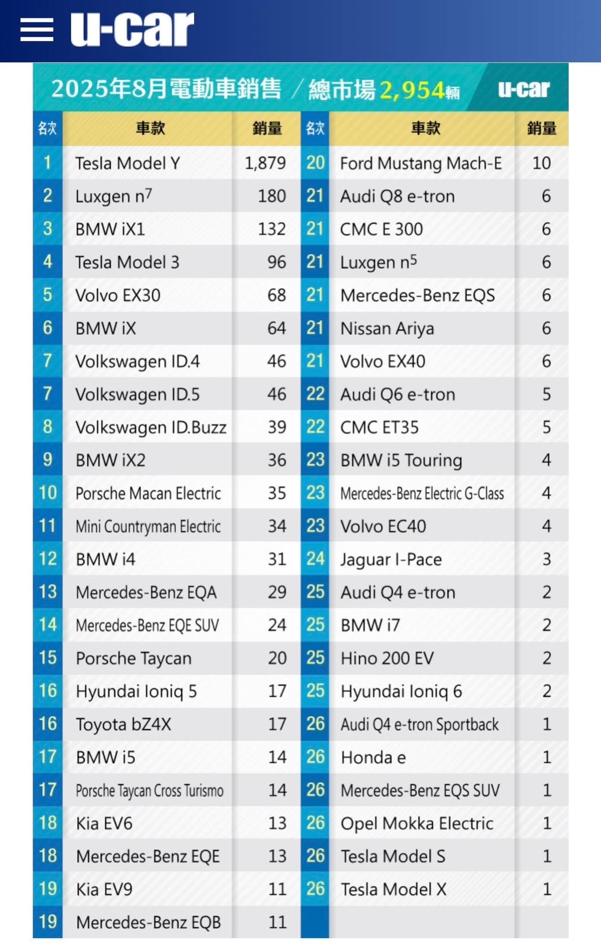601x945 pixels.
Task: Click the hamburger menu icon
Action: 37,30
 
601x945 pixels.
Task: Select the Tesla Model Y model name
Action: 127,163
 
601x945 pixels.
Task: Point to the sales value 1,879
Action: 265,163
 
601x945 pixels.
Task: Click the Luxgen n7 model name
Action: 114,197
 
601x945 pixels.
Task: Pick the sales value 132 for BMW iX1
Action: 272,229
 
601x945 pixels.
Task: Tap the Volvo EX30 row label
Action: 118,295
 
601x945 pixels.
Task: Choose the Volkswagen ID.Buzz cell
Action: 151,427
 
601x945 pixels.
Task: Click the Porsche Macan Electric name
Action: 148,493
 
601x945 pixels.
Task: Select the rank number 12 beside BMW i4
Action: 48,559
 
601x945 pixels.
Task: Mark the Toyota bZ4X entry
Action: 123,724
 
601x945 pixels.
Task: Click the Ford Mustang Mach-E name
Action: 421,163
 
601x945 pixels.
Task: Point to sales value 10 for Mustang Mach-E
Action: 541,163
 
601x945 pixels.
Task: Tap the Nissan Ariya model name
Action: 387,329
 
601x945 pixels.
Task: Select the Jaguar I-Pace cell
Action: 391,559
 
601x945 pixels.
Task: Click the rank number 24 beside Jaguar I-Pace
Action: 315,559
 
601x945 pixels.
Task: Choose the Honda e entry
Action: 373,757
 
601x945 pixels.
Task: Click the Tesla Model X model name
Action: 393,889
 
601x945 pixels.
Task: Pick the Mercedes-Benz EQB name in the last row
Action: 148,922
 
